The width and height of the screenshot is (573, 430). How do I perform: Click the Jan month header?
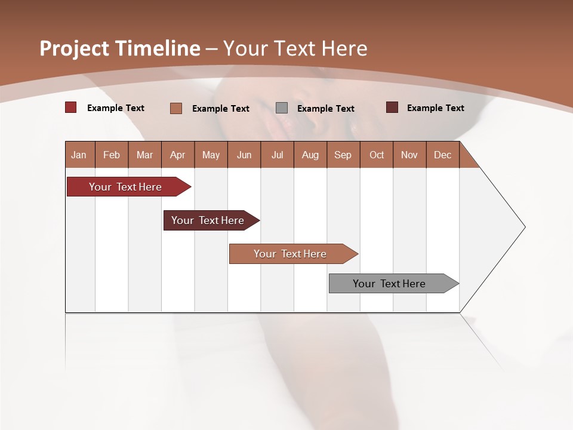(79, 155)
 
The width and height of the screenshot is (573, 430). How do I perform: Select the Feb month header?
(112, 155)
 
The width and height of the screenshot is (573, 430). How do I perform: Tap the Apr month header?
(177, 155)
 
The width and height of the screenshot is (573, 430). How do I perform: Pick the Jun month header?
(244, 155)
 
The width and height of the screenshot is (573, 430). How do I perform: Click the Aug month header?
(310, 155)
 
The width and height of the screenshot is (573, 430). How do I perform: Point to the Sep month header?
(343, 155)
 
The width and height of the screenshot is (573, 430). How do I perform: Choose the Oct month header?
(377, 155)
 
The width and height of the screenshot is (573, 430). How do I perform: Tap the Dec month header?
(442, 155)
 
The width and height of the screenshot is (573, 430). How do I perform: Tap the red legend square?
(71, 107)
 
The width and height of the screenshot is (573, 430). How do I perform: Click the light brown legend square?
(176, 108)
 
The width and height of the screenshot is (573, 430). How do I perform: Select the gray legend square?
(282, 108)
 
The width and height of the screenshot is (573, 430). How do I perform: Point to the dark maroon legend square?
(392, 107)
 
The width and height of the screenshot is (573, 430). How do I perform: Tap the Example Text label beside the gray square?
(325, 109)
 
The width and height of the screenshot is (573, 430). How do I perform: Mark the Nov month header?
(409, 155)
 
